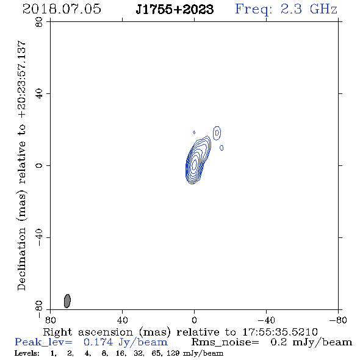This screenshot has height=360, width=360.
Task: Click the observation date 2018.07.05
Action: point(62,9)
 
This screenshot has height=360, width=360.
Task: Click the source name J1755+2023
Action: point(175,9)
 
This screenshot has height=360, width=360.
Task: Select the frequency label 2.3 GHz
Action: point(309,9)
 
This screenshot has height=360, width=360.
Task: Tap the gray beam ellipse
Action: point(67,301)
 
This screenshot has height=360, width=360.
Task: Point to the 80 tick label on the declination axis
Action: point(39,22)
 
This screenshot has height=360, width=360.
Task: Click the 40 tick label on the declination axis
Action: point(39,94)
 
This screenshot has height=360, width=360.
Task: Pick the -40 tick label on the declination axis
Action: point(39,237)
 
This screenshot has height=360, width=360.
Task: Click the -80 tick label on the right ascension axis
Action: point(338,320)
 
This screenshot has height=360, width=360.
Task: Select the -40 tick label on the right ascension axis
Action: point(266,320)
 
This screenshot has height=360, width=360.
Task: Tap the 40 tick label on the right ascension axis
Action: point(122,320)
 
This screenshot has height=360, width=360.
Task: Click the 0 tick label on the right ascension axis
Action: point(194,320)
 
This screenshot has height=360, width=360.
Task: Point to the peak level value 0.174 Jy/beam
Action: point(126,342)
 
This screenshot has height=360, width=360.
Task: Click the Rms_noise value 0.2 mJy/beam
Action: point(311,342)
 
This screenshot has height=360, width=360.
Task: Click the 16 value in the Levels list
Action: point(121,353)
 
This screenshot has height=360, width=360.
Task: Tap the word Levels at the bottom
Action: point(27,353)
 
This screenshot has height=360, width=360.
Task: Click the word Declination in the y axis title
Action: point(21,259)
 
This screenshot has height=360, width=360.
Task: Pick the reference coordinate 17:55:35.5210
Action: point(280,332)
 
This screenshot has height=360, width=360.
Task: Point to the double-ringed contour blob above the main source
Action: point(217,133)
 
